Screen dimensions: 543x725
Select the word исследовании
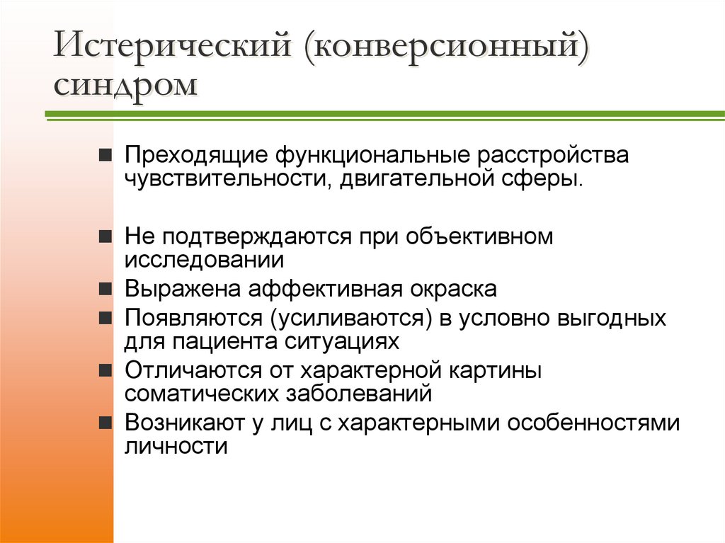pyautogui.click(x=204, y=259)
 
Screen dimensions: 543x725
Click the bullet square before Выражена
pyautogui.click(x=104, y=290)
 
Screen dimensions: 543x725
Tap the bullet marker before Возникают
pyautogui.click(x=104, y=423)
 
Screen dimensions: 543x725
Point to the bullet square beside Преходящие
pyautogui.click(x=104, y=155)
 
